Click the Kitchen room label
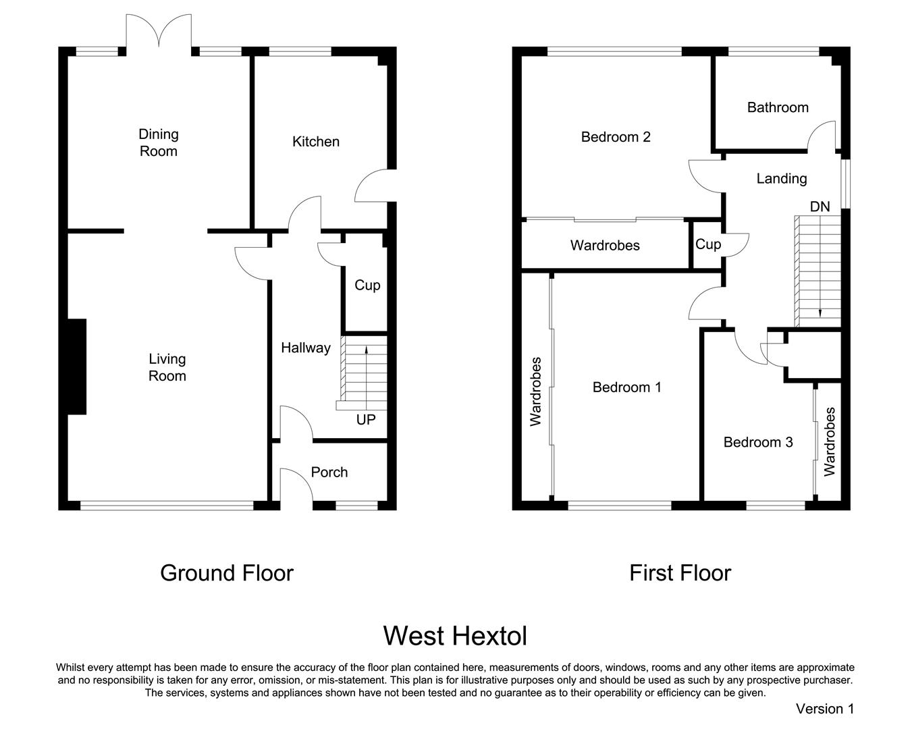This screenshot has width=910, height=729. (x=316, y=142)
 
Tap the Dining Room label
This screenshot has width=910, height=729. (x=159, y=142)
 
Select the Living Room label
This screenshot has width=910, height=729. (x=167, y=367)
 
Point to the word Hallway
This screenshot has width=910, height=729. (x=306, y=348)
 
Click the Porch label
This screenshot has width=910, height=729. (x=329, y=472)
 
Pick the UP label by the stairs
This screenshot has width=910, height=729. (x=366, y=419)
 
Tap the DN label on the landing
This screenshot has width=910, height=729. (x=820, y=207)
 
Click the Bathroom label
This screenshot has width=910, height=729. (x=778, y=107)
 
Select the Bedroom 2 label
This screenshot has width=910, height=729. (x=616, y=137)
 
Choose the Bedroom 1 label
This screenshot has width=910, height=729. (x=626, y=387)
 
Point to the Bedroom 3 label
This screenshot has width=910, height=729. (x=758, y=442)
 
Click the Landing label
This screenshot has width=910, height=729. (x=782, y=179)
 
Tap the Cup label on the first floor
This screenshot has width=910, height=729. (x=708, y=244)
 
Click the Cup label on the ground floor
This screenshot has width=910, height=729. (x=367, y=286)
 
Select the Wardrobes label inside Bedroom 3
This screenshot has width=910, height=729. (x=830, y=441)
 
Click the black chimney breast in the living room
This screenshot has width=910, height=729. (x=77, y=367)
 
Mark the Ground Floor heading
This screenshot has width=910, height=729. (x=227, y=573)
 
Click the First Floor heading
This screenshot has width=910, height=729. (x=680, y=573)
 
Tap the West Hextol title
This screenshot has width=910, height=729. (x=456, y=636)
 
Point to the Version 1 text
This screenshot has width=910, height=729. (x=825, y=709)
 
